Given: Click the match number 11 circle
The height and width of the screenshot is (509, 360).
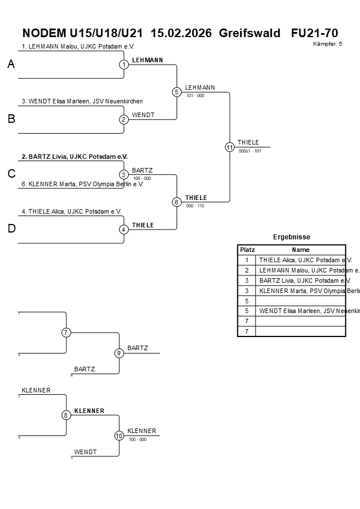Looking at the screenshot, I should point(230,147).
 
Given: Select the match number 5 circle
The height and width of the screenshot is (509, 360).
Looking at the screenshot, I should point(177,92).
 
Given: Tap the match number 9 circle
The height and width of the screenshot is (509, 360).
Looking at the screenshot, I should point(119,353).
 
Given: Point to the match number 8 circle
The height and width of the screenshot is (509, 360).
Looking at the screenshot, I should point(66,415).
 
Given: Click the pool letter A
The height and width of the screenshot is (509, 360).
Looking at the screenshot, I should point(11,65).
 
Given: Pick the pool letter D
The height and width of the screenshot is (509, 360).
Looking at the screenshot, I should point(11,229).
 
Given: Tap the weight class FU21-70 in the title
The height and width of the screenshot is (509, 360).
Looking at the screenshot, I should point(314,33).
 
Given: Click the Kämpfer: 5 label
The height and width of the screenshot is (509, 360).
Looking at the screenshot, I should point(327,44).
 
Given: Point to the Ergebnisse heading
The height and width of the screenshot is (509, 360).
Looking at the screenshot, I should point(291,237).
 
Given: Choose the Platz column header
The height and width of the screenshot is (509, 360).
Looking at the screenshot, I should point(247,250).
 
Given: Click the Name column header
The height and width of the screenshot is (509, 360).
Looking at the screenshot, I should point(301,250).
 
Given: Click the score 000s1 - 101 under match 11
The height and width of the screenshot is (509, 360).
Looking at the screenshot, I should point(250,151).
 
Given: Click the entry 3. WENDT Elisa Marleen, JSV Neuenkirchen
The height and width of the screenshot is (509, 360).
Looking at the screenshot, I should point(82,101).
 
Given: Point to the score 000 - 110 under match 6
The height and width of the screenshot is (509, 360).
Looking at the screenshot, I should point(195,206).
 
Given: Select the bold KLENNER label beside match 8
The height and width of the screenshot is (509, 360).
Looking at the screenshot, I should point(89,411).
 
